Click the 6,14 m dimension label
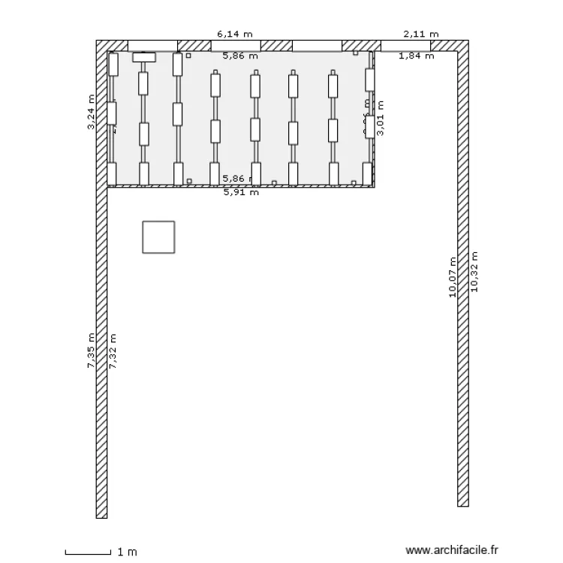tap(234, 34)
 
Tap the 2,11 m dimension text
tap(420, 34)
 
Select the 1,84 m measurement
tap(416, 56)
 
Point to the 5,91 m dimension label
tap(241, 192)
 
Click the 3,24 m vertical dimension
tap(92, 113)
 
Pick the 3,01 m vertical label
tap(381, 119)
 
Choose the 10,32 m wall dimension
tap(474, 271)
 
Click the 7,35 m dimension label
tap(92, 351)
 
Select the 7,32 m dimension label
tap(113, 351)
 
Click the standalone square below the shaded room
tap(158, 236)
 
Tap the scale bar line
tap(88, 553)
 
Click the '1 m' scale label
tap(127, 552)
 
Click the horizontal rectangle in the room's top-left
tap(143, 57)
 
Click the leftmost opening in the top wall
tap(153, 46)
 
